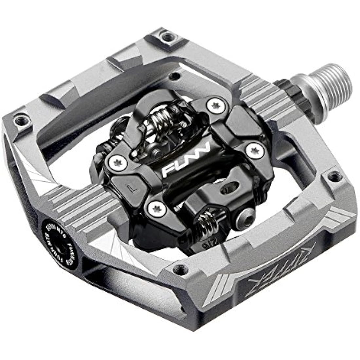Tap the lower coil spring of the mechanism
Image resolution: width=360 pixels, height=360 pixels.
[x=210, y=221]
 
